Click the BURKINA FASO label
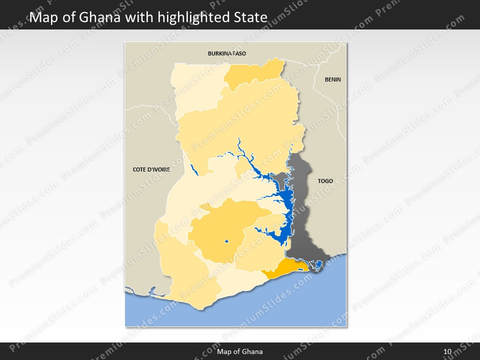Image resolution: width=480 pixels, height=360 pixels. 227,53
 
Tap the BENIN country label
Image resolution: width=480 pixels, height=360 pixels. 332,79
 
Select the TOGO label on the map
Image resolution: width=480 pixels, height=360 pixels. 325,181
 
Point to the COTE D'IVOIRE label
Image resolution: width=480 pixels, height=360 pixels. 151,169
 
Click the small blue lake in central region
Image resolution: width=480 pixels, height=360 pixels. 226,242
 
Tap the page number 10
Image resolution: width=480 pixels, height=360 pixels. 447,351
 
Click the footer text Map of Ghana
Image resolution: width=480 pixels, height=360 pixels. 239,351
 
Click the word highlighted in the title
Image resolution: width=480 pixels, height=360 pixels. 192,18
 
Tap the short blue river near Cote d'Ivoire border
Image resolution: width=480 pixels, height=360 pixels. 194,170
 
